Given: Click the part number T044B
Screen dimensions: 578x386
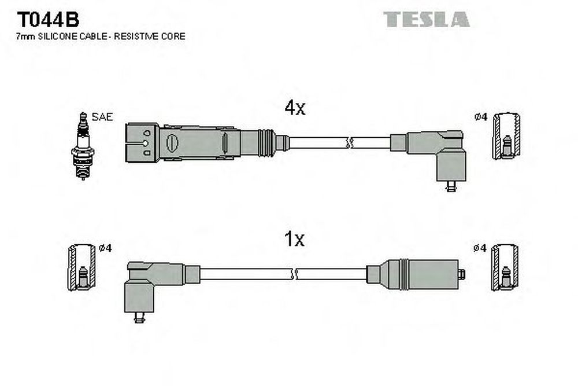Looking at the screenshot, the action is pyautogui.click(x=48, y=19).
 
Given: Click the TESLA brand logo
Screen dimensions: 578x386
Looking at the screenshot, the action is pyautogui.click(x=427, y=19).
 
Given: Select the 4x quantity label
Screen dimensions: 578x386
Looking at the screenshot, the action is pyautogui.click(x=295, y=108).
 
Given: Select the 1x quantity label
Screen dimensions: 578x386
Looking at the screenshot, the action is pyautogui.click(x=294, y=239).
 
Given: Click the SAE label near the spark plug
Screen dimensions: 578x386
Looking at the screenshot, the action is pyautogui.click(x=102, y=117).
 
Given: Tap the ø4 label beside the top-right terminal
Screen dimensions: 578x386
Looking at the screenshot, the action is pyautogui.click(x=481, y=117).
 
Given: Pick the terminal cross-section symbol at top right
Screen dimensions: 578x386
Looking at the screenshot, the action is pyautogui.click(x=507, y=136).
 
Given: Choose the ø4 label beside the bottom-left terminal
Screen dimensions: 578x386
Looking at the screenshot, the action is pyautogui.click(x=105, y=248).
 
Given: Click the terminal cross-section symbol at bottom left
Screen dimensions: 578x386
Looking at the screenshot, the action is pyautogui.click(x=82, y=267).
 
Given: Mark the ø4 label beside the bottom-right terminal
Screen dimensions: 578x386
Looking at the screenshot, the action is pyautogui.click(x=480, y=248).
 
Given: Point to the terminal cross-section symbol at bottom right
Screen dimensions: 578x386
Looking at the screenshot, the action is pyautogui.click(x=505, y=267).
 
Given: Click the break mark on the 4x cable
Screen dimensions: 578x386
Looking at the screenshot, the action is pyautogui.click(x=350, y=143).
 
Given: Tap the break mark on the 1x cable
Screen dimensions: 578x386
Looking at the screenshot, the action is pyautogui.click(x=294, y=274).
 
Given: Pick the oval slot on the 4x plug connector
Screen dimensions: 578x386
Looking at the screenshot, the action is pyautogui.click(x=172, y=143).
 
